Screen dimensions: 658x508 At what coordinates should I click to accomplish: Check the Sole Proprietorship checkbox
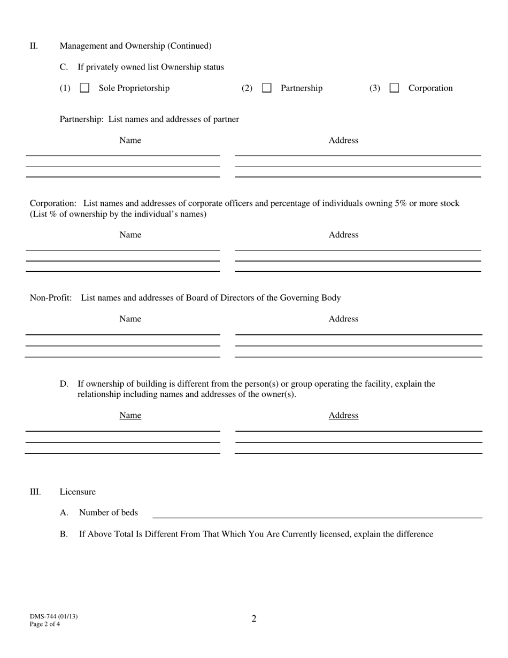[84, 88]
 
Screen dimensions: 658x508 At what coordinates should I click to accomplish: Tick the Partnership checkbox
[266, 88]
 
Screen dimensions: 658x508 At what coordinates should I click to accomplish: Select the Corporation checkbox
[394, 88]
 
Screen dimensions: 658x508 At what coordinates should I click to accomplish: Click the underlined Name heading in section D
[130, 416]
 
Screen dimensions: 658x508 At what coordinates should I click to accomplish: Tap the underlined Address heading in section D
[343, 416]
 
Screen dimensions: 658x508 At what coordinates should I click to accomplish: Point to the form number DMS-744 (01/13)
[53, 616]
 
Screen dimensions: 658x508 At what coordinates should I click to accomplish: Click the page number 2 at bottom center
[254, 619]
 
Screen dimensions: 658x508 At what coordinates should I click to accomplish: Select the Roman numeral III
[35, 492]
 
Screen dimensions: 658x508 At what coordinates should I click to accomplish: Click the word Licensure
[78, 492]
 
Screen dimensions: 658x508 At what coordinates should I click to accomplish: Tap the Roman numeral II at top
[34, 46]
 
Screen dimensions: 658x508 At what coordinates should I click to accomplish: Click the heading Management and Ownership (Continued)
[135, 46]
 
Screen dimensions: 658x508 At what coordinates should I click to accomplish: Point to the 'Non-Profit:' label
[51, 298]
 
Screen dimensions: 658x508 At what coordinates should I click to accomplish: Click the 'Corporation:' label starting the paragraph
[53, 203]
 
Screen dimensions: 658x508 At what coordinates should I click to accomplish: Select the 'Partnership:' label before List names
[81, 119]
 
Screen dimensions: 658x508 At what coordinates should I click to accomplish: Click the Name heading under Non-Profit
[130, 319]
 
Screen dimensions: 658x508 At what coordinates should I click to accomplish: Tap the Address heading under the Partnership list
[343, 140]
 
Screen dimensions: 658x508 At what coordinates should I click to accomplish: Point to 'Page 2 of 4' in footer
[45, 624]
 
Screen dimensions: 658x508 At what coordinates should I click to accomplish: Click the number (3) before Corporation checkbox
[374, 88]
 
